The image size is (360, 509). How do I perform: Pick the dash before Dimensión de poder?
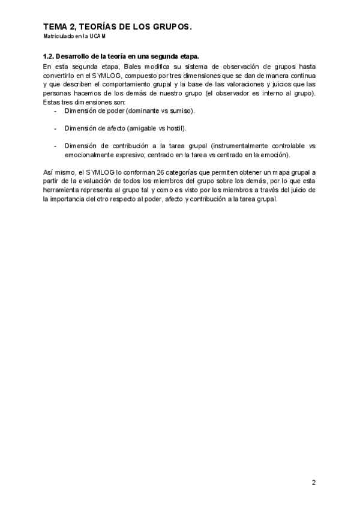pos(56,112)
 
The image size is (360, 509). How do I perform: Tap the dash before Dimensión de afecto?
pos(56,128)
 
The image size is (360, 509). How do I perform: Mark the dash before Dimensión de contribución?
pos(56,145)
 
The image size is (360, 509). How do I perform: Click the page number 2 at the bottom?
pos(314,482)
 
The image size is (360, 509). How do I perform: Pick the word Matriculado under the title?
pos(58,37)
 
